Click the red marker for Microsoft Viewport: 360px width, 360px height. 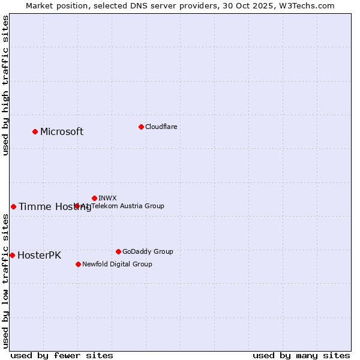pyautogui.click(x=35, y=131)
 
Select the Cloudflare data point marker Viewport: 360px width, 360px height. pyautogui.click(x=141, y=127)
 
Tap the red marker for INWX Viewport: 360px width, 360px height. pyautogui.click(x=94, y=198)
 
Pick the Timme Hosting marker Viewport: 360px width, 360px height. pyautogui.click(x=13, y=206)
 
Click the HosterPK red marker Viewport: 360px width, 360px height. pyautogui.click(x=12, y=255)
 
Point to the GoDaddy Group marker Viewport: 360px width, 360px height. pyautogui.click(x=118, y=251)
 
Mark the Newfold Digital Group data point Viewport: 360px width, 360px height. pyautogui.click(x=78, y=264)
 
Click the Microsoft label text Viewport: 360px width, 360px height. pyautogui.click(x=62, y=132)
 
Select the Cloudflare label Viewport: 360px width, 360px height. pyautogui.click(x=161, y=127)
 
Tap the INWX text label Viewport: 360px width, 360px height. pyautogui.click(x=107, y=198)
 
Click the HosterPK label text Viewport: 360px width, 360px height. pyautogui.click(x=39, y=256)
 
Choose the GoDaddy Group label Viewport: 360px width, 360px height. pyautogui.click(x=148, y=251)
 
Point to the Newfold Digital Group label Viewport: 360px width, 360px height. pyautogui.click(x=117, y=264)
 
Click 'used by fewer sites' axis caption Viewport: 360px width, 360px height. pyautogui.click(x=62, y=355)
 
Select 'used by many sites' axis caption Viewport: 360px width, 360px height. pyautogui.click(x=301, y=355)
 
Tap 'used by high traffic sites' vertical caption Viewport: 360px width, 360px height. pyautogui.click(x=5, y=85)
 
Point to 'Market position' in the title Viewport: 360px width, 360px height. pyautogui.click(x=54, y=5)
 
